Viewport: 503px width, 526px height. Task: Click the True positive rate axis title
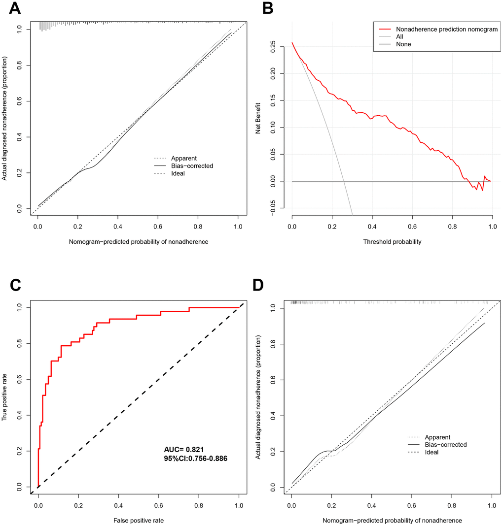[x=5, y=397]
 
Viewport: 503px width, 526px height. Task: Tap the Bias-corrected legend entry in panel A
[x=192, y=166]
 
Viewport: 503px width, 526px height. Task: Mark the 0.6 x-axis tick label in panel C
[x=158, y=505]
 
